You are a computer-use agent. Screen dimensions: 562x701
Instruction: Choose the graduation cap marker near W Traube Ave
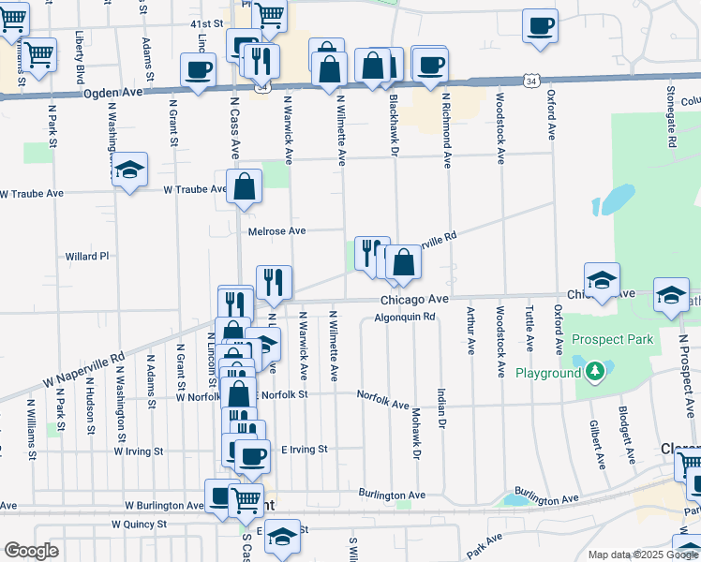pyautogui.click(x=130, y=169)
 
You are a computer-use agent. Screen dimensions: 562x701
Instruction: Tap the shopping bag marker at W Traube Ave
pyautogui.click(x=244, y=185)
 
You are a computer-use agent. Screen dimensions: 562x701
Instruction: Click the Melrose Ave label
pyautogui.click(x=276, y=230)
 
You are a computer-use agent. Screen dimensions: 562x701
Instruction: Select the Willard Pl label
pyautogui.click(x=87, y=256)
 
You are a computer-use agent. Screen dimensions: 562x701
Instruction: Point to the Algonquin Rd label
pyautogui.click(x=406, y=317)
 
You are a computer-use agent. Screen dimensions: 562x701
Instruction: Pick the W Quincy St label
pyautogui.click(x=142, y=525)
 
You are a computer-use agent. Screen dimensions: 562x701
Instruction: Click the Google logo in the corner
pyautogui.click(x=31, y=551)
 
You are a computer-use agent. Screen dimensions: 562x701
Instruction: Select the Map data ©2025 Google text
pyautogui.click(x=642, y=555)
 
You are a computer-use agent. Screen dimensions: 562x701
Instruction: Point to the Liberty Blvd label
pyautogui.click(x=81, y=56)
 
